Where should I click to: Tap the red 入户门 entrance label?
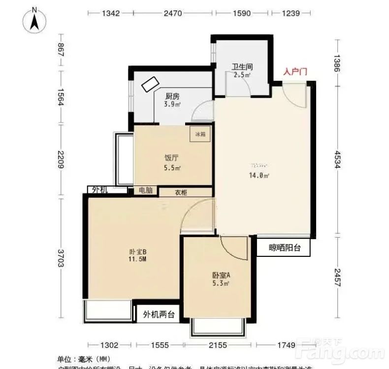click(x=295, y=72)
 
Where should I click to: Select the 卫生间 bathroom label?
click(x=242, y=68)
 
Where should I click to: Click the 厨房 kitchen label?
click(x=172, y=96)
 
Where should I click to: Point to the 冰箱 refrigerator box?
click(x=200, y=134)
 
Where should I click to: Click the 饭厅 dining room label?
click(x=171, y=158)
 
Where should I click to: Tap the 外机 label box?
click(x=100, y=190)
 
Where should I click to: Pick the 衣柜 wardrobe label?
click(x=181, y=193)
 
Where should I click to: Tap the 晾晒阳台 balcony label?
click(x=284, y=248)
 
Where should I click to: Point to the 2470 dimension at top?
click(x=173, y=13)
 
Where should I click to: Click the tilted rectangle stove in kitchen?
click(x=151, y=84)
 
